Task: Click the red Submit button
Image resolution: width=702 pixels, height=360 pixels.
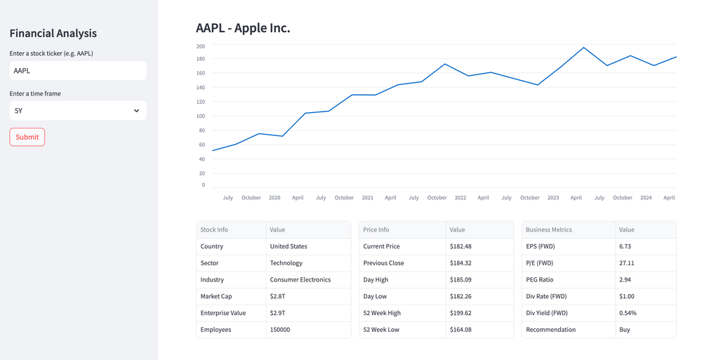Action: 27,137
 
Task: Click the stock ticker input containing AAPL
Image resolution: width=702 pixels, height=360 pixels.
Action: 77,70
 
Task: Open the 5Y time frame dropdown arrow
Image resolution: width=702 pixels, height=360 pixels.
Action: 136,111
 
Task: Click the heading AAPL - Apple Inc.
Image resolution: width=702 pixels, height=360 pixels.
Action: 243,28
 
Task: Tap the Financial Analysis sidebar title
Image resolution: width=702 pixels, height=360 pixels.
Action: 53,33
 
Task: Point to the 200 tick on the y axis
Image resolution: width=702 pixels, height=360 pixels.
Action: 201,46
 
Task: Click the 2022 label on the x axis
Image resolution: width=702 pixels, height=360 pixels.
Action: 460,198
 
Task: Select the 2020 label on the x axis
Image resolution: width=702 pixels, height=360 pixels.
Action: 274,198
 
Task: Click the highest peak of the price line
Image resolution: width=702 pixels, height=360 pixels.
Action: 583,48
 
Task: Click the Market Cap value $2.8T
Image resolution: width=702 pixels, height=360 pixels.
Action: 277,296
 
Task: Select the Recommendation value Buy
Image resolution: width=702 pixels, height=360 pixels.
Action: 625,329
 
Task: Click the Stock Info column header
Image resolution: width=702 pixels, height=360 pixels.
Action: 214,229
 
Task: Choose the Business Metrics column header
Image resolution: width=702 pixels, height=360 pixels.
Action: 548,229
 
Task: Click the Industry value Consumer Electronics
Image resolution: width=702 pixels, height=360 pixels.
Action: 300,279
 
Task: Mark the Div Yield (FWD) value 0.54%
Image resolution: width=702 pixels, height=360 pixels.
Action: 628,313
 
